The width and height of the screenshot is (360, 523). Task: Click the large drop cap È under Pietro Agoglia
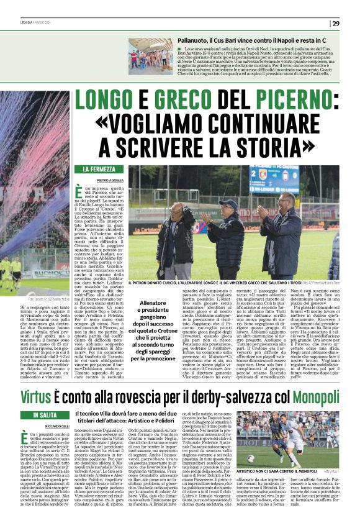coord(79,192)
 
